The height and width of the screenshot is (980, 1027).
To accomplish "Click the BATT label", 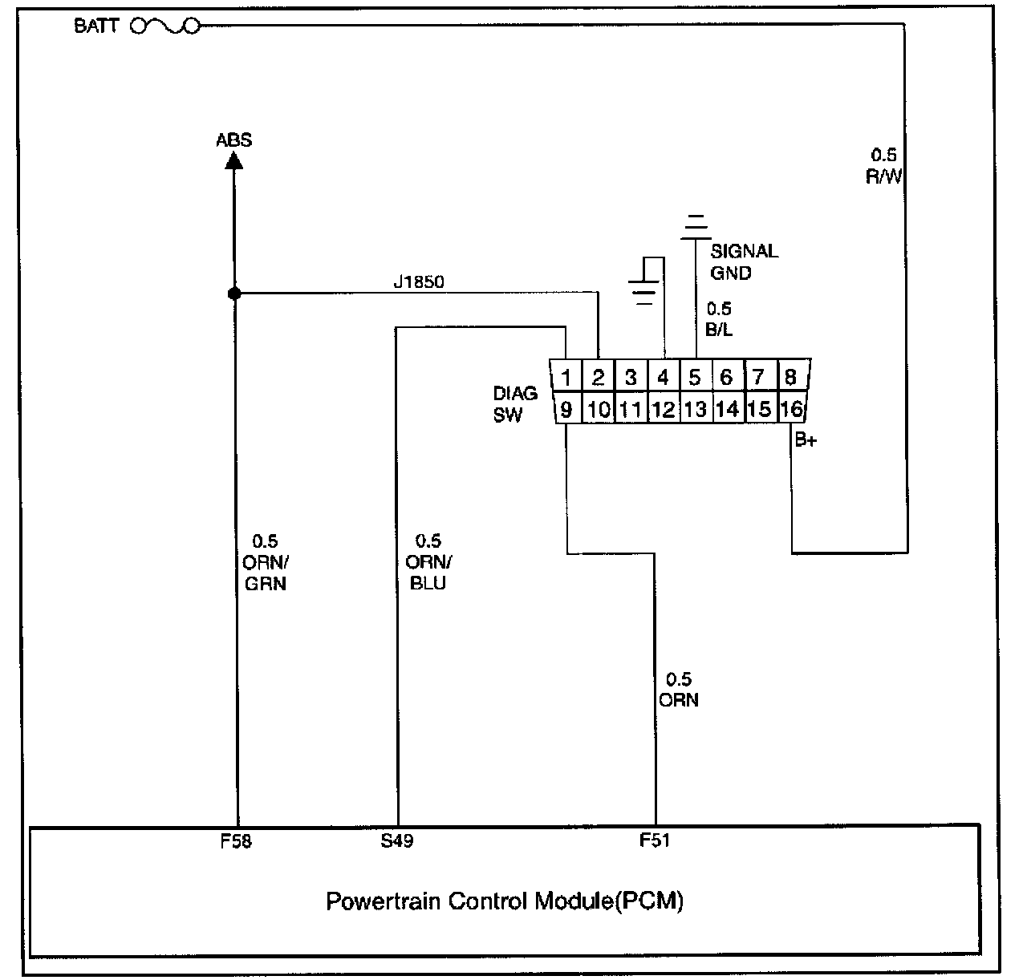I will click(x=96, y=26).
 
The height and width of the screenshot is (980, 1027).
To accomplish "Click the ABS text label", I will click(x=234, y=140).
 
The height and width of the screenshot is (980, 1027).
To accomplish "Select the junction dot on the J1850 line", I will click(x=234, y=294).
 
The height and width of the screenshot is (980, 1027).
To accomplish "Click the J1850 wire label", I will click(x=418, y=282).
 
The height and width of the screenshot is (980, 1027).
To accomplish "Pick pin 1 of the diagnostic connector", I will click(x=566, y=377).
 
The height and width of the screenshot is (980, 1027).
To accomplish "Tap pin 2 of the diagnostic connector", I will click(x=598, y=377).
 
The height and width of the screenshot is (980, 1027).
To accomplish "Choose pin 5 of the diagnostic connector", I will click(x=695, y=377).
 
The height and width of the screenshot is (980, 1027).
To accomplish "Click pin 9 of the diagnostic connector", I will click(x=566, y=410).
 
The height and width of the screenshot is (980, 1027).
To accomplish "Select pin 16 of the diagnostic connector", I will click(x=791, y=410).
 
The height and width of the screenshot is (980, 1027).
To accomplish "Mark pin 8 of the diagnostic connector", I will click(x=791, y=377).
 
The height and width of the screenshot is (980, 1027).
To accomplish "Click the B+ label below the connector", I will click(x=805, y=439).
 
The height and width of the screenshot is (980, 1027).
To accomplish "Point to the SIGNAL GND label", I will click(x=743, y=261).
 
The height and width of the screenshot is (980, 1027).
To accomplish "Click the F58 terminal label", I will click(x=236, y=841).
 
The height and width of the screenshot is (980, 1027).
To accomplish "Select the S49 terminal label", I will click(x=397, y=841).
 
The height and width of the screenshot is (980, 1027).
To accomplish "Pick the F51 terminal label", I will click(x=654, y=840).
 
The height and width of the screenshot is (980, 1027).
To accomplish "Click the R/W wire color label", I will click(x=883, y=176).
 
